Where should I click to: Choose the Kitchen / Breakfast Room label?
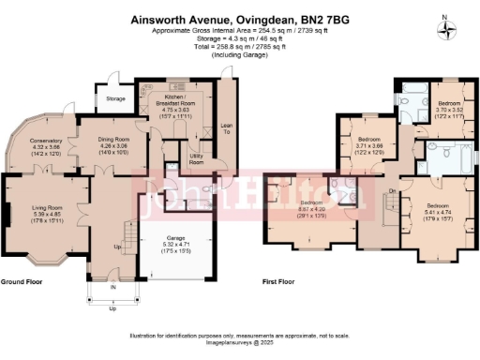pyautogui.click(x=170, y=101)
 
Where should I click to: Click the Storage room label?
pyautogui.click(x=115, y=97)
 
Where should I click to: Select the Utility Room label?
pyautogui.click(x=196, y=160)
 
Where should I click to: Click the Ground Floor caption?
pyautogui.click(x=24, y=282)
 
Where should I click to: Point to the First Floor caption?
pyautogui.click(x=281, y=281)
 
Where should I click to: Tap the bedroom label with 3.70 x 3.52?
pyautogui.click(x=448, y=107)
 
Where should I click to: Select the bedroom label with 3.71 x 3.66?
pyautogui.click(x=368, y=143)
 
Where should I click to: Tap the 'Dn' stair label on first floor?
pyautogui.click(x=393, y=190)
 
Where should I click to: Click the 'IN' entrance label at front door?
pyautogui.click(x=113, y=287)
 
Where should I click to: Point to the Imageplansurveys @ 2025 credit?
pyautogui.click(x=240, y=341)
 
